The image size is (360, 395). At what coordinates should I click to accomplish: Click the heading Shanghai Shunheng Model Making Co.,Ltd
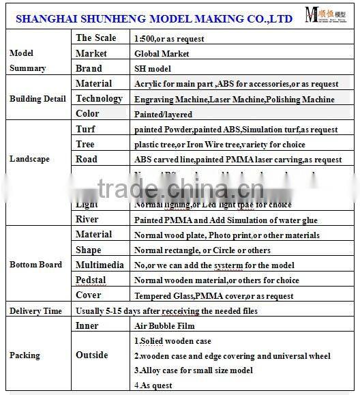(154, 20)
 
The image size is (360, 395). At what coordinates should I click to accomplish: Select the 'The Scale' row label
(95, 38)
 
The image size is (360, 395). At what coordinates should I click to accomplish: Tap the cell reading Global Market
(162, 53)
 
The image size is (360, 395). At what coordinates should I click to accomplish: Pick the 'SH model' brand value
(153, 69)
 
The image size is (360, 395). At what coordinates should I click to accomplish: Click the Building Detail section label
(37, 99)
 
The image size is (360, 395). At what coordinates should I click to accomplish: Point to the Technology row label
(99, 99)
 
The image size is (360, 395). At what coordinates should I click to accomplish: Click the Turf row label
(86, 129)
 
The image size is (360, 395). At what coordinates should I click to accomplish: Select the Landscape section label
(29, 159)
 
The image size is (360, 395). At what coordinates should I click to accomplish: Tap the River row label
(87, 220)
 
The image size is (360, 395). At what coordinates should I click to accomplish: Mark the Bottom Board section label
(35, 265)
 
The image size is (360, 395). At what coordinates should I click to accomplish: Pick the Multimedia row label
(100, 265)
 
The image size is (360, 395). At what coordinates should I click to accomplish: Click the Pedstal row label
(92, 280)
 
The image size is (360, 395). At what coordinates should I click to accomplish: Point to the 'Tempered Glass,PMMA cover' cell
(213, 296)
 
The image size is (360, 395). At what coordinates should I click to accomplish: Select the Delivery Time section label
(35, 311)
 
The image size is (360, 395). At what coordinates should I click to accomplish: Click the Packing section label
(25, 355)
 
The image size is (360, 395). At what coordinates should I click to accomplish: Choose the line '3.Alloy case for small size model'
(192, 370)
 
